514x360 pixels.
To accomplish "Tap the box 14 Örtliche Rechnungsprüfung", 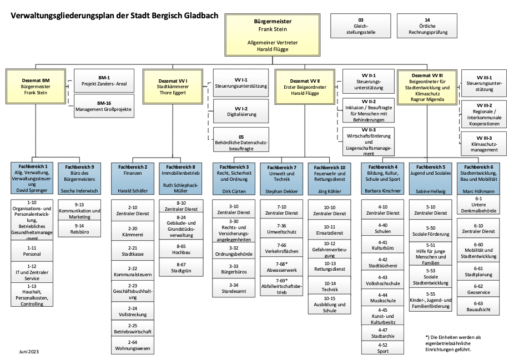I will pos(427,26).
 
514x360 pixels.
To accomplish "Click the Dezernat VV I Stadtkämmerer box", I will pos(172,87).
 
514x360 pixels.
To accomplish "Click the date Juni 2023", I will pos(29,352).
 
